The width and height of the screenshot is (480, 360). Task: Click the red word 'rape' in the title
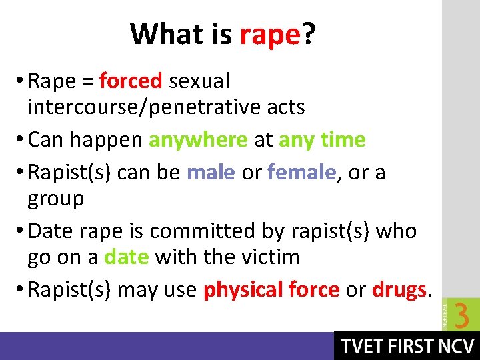271,35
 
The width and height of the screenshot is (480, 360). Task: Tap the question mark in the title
309,33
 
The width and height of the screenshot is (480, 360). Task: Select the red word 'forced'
131,81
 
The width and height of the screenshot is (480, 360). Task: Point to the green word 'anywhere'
198,139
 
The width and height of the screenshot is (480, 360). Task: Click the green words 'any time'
322,139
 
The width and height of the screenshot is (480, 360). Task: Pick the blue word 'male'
211,173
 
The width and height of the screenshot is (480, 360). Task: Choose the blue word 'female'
301,173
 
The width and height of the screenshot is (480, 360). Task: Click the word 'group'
56,199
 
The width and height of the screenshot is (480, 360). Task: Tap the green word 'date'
127,257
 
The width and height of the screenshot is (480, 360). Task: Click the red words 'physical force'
272,290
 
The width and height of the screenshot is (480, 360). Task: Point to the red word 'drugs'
399,290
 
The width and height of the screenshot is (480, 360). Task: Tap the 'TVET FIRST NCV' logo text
407,347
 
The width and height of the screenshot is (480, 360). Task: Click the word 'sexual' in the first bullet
199,81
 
